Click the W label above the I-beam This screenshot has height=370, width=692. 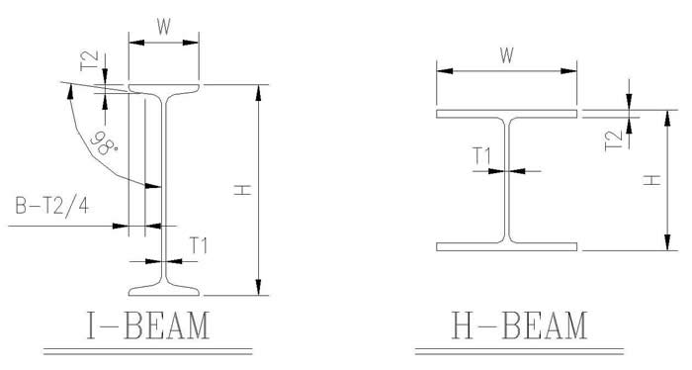tap(163, 28)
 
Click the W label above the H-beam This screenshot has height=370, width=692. tap(506, 55)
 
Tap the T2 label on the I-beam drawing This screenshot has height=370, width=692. tap(89, 60)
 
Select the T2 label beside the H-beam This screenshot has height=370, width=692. tap(614, 140)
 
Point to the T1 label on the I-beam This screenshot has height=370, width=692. tap(199, 245)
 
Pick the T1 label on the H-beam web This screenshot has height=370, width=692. tap(482, 156)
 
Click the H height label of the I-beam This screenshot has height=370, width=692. tap(242, 190)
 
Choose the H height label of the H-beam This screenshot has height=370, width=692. tap(651, 180)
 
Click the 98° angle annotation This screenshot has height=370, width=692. tap(104, 142)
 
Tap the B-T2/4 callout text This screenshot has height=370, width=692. tap(52, 206)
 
